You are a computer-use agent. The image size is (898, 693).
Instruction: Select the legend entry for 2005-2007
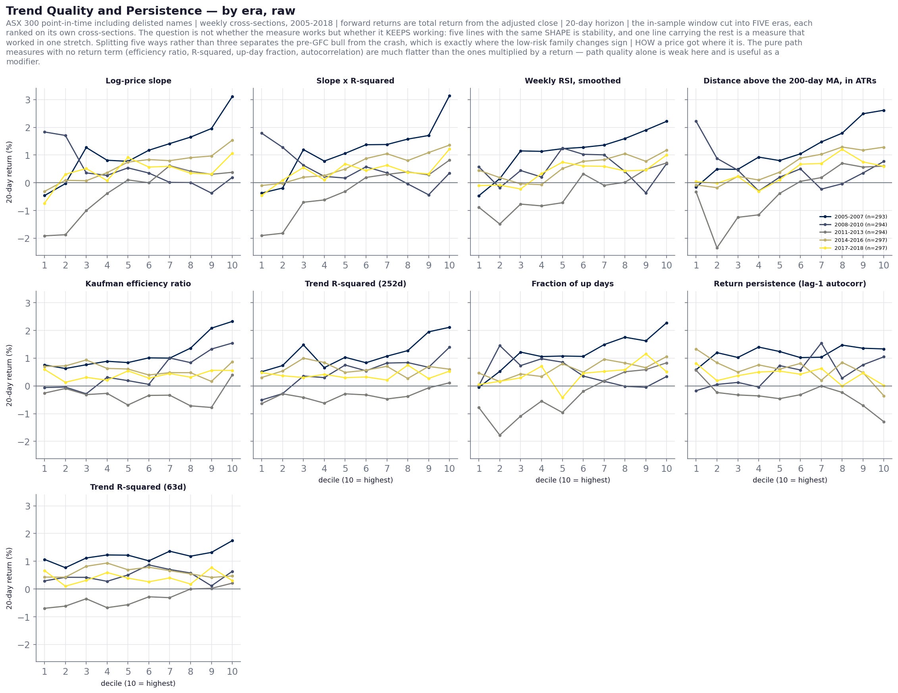[853, 217]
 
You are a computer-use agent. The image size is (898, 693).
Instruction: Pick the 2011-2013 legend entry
[853, 232]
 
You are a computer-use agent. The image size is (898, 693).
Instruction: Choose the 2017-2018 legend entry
[853, 248]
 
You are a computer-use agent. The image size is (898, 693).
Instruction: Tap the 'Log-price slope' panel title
[139, 81]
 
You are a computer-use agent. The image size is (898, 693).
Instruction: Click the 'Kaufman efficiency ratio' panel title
[138, 284]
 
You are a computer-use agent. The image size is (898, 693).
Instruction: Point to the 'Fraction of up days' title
[572, 284]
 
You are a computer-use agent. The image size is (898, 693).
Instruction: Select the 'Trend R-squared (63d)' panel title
[138, 487]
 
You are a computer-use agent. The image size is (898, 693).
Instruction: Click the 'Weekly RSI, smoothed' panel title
[573, 81]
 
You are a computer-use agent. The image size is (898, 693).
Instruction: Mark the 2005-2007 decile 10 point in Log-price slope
[232, 97]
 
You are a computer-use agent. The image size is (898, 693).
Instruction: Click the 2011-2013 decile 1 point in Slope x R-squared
[262, 236]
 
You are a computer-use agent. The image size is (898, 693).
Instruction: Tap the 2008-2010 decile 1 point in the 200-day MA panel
[696, 122]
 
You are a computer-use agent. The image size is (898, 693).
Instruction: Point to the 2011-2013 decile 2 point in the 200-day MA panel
[717, 247]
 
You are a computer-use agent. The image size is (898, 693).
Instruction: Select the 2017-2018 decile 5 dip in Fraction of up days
[563, 398]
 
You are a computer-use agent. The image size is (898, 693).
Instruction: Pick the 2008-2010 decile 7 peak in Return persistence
[821, 344]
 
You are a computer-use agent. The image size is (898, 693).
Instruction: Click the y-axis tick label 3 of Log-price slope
[28, 100]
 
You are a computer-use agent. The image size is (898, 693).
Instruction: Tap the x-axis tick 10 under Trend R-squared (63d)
[232, 672]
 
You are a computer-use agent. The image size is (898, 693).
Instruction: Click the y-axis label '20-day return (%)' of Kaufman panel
[10, 375]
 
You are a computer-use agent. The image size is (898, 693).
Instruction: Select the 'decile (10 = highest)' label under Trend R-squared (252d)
[356, 480]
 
